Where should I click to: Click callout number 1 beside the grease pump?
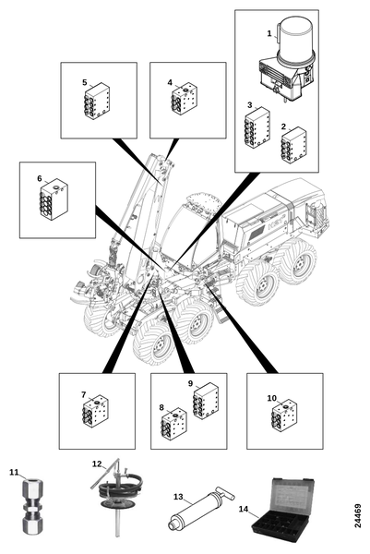[269, 33]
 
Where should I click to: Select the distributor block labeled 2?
[293, 145]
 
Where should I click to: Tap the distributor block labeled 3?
[257, 127]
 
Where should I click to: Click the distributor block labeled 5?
[97, 101]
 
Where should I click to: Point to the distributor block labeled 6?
[54, 199]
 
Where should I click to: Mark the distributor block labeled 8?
[173, 424]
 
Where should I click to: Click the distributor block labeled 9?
[206, 401]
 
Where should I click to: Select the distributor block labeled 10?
[284, 415]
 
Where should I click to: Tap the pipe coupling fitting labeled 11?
[33, 506]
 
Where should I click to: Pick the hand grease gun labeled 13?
[200, 508]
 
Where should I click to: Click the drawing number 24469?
[358, 515]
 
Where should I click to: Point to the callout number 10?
[272, 398]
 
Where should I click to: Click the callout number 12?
[97, 464]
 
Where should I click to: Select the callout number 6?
[40, 178]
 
